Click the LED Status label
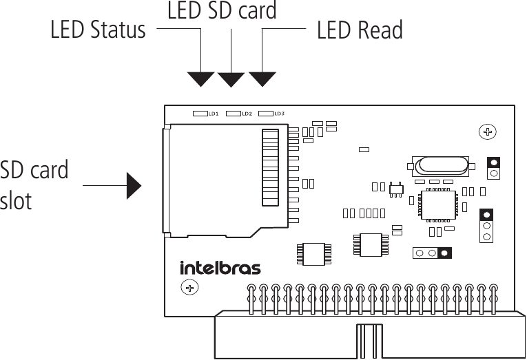(x=98, y=30)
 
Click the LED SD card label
(x=222, y=10)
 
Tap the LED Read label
(x=360, y=30)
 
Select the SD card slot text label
(x=34, y=185)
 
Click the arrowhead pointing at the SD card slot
(x=134, y=185)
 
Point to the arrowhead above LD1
(x=200, y=78)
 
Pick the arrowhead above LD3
(x=262, y=78)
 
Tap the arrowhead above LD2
(x=231, y=78)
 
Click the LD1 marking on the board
(x=213, y=114)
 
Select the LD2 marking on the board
(x=246, y=114)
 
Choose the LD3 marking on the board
(x=279, y=114)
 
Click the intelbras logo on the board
(x=220, y=267)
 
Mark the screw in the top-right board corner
(x=488, y=131)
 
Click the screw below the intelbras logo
(x=188, y=287)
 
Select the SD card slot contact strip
(x=271, y=167)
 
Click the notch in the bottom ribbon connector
(x=369, y=341)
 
